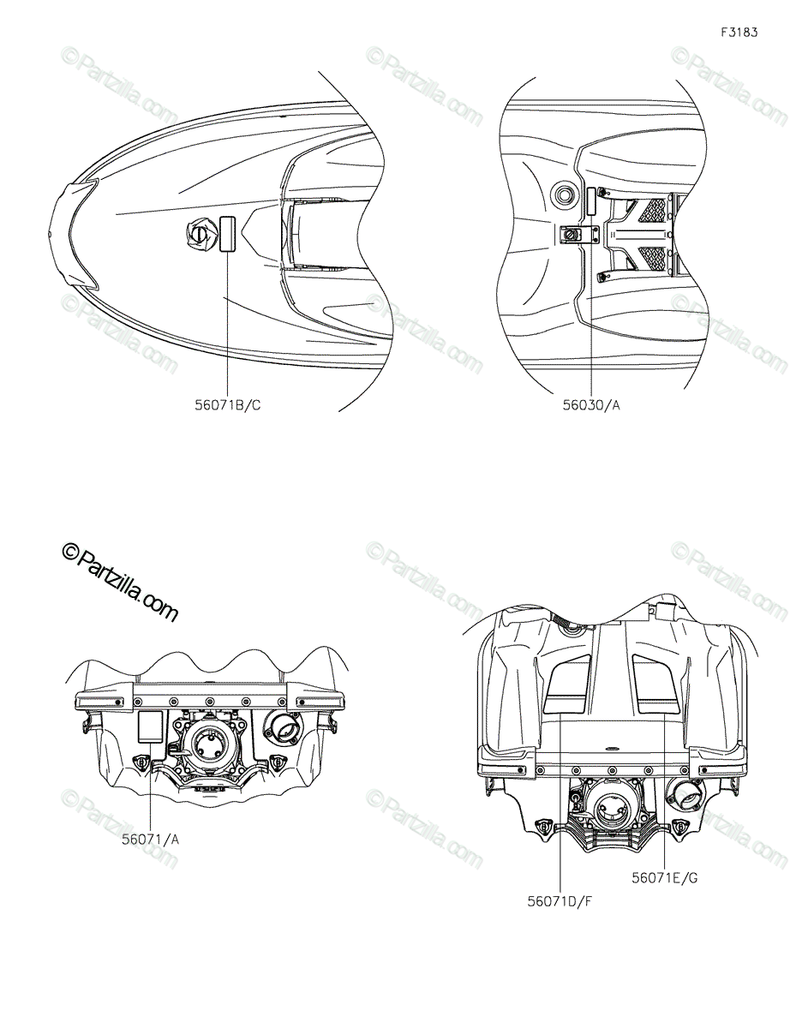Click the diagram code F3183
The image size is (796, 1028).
[739, 33]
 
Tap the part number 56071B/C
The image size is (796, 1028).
[228, 405]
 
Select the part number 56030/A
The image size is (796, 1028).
[590, 405]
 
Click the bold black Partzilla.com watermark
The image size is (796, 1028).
[120, 582]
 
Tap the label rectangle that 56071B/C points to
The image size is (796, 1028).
[228, 234]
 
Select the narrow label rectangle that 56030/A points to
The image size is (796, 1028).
[591, 202]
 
